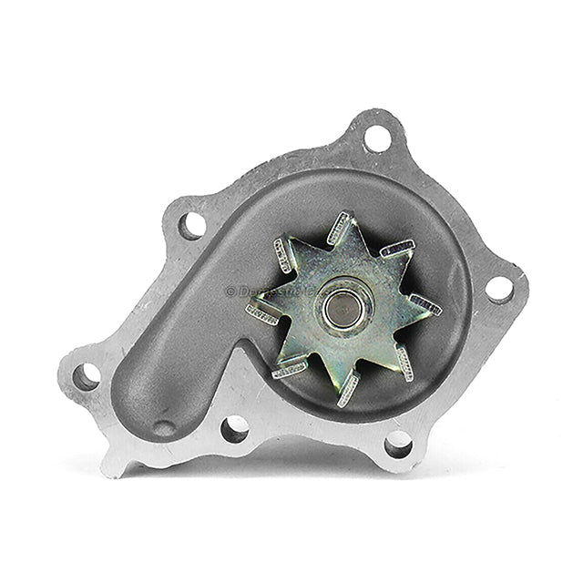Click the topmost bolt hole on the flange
(377, 138)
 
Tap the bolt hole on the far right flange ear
(499, 288)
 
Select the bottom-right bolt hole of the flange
(398, 444)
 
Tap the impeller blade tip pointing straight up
(339, 227)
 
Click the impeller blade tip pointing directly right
(425, 305)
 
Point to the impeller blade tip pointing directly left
(262, 314)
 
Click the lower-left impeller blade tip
(290, 369)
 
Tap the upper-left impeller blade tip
(282, 256)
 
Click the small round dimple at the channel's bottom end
(164, 426)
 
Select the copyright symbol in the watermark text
(230, 291)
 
